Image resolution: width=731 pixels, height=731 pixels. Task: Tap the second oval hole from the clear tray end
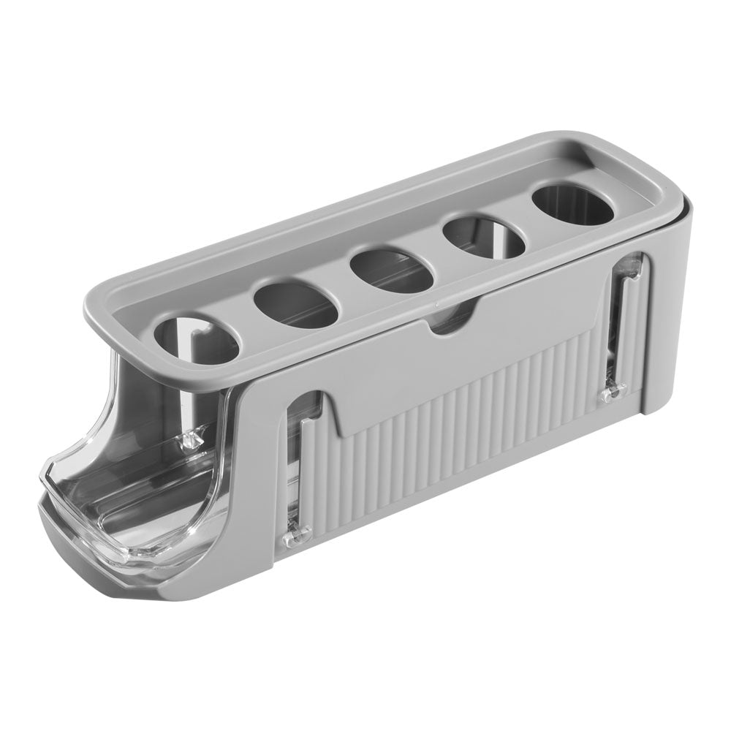coord(295,304)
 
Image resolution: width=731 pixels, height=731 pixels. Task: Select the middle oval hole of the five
coord(391,271)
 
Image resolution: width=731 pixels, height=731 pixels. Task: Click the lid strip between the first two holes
coord(246,322)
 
